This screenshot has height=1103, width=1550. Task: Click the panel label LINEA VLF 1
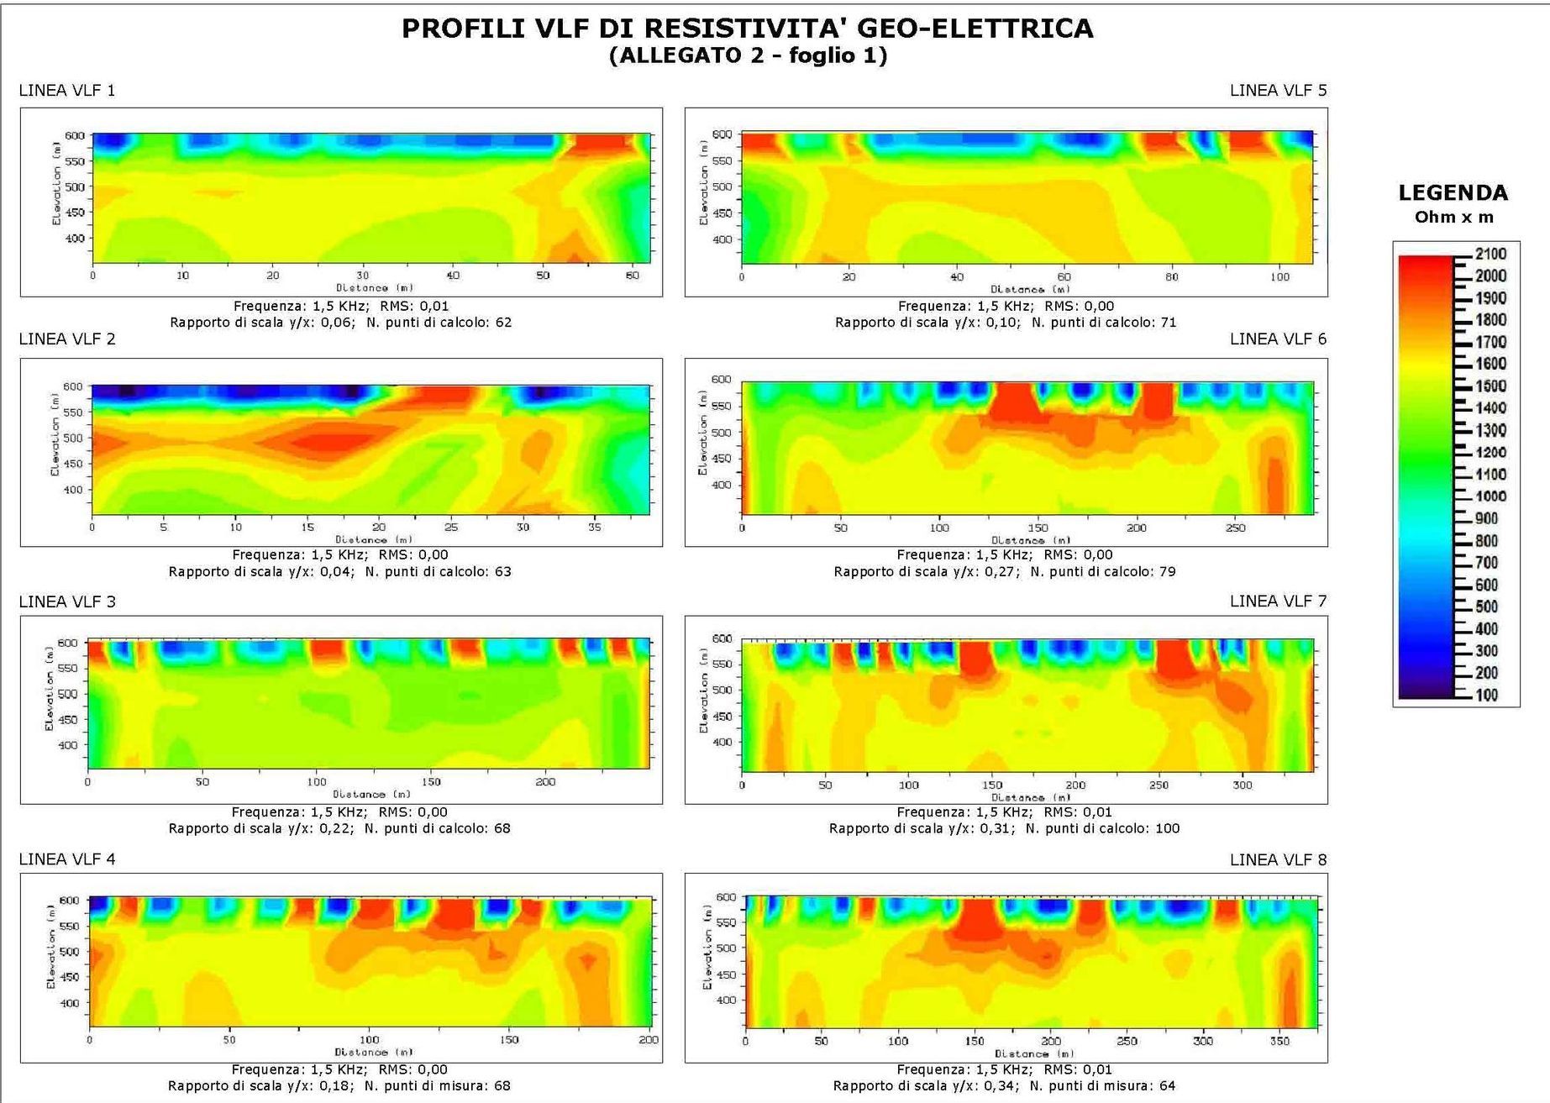pos(67,91)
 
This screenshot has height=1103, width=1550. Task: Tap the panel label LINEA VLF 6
pos(1278,339)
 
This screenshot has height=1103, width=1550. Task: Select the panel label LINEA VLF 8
pos(1278,860)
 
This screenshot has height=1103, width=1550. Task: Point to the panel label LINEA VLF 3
pos(67,601)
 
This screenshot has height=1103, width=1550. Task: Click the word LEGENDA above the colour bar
pos(1453,193)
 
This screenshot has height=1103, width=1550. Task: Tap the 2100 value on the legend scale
pos(1491,254)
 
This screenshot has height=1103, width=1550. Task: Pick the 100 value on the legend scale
pos(1487,695)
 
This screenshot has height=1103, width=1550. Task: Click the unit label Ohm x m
pos(1454,218)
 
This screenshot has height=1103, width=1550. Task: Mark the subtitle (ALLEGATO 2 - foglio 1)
pos(748,56)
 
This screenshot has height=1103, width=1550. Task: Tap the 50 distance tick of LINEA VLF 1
pos(543,276)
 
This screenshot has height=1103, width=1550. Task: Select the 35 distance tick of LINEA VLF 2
pos(595,528)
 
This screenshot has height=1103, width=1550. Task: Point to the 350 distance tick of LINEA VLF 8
pos(1279,1041)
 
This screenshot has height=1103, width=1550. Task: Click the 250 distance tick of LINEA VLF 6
pos(1235,528)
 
